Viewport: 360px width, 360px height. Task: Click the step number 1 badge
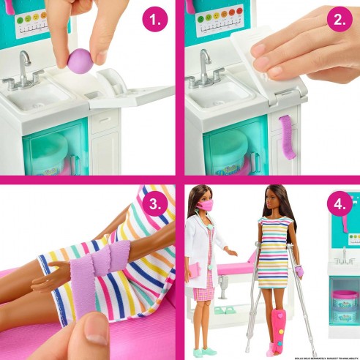tap(154, 20)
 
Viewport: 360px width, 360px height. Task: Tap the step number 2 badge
tap(339, 20)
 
